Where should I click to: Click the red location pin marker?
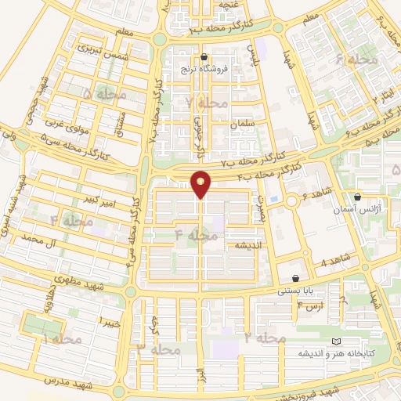point(201,183)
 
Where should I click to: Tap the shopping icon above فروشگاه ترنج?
point(204,56)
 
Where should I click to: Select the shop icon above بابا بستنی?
point(295,279)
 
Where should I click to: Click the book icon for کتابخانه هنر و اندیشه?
point(337,341)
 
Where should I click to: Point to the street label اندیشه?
point(241,246)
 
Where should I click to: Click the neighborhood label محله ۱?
point(62,339)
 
